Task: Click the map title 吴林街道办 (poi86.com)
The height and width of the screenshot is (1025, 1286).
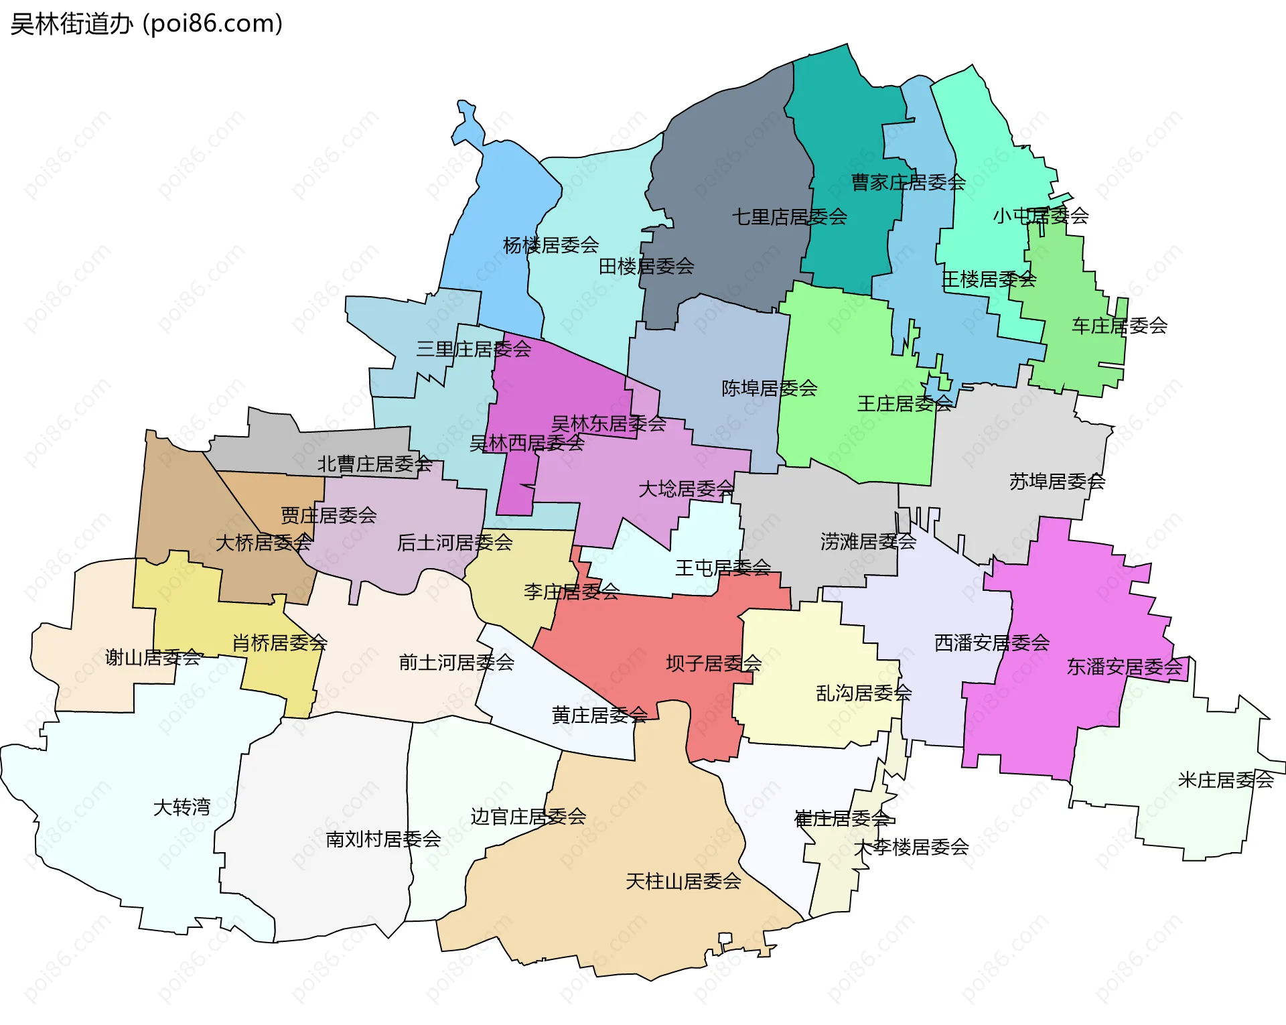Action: (146, 24)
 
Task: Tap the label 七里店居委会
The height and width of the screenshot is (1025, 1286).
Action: (789, 217)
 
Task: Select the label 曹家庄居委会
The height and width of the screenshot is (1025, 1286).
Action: (908, 182)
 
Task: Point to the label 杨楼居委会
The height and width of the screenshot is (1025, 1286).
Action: (551, 245)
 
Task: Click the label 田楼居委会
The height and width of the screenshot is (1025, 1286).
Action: (646, 267)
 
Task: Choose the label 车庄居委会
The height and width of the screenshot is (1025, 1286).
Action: (1119, 326)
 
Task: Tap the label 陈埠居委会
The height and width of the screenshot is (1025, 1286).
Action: (769, 389)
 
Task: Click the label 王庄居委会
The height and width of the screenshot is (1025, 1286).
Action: (904, 404)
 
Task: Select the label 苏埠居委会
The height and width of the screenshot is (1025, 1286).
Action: (1056, 482)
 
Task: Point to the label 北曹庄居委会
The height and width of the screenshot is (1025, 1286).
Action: (374, 464)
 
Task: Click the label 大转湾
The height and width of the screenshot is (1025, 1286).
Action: (182, 807)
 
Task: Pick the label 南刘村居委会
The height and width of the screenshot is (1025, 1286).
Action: (383, 839)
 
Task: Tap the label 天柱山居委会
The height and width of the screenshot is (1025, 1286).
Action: (683, 882)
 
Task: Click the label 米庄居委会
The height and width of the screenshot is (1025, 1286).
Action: (1225, 780)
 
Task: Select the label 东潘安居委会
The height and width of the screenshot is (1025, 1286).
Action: (1124, 667)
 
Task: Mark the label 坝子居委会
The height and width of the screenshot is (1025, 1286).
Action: (713, 663)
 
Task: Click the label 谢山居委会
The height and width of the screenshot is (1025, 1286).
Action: (153, 657)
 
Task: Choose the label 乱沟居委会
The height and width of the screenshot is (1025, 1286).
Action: (863, 693)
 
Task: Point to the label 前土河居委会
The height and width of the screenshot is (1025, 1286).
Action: (456, 663)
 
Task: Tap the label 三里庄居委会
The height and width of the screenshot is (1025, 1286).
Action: (473, 349)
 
